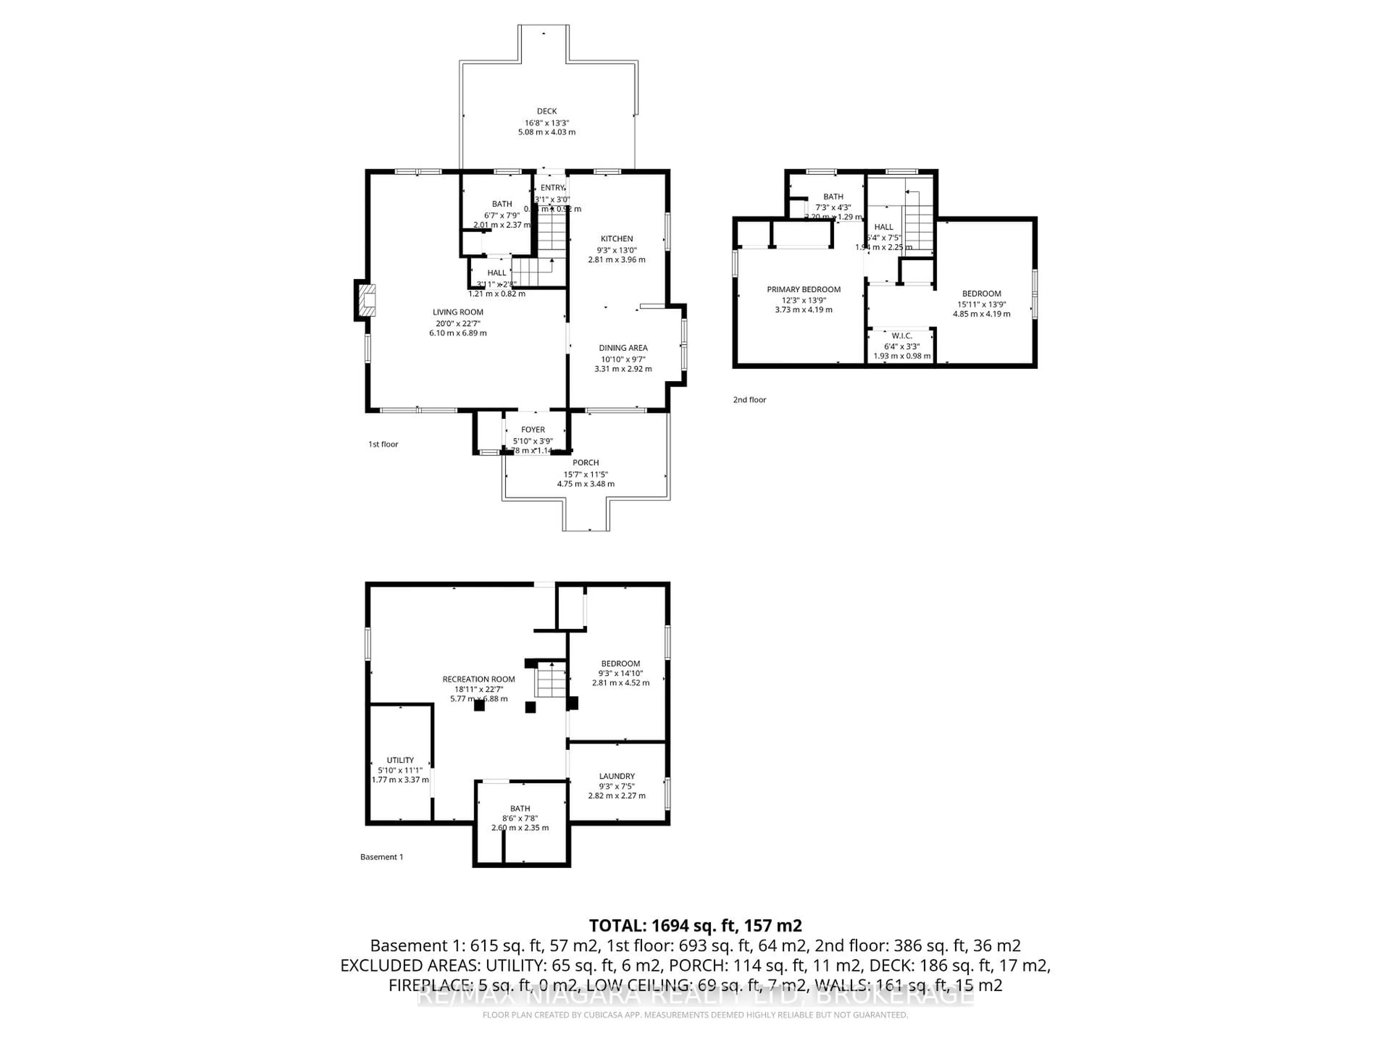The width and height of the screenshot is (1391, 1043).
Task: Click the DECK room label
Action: tap(547, 111)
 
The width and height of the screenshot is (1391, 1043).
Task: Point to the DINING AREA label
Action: tap(623, 348)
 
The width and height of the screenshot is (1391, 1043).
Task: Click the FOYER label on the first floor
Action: tap(532, 430)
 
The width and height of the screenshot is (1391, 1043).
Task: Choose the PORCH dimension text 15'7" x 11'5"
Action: tap(585, 474)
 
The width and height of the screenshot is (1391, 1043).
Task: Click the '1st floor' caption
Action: tap(383, 444)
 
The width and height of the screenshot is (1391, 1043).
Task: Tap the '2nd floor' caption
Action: tap(749, 399)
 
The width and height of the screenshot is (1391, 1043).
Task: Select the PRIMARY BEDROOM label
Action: tap(803, 289)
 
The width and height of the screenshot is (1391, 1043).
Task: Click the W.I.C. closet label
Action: tap(901, 336)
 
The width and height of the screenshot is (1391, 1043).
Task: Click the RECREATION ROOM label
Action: tap(479, 679)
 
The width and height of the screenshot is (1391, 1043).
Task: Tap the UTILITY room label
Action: tap(400, 760)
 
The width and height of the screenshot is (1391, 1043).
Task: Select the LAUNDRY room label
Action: tap(616, 776)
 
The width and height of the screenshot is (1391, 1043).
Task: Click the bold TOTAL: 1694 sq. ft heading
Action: tap(695, 925)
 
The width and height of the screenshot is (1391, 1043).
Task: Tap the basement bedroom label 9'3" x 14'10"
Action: tap(620, 673)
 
